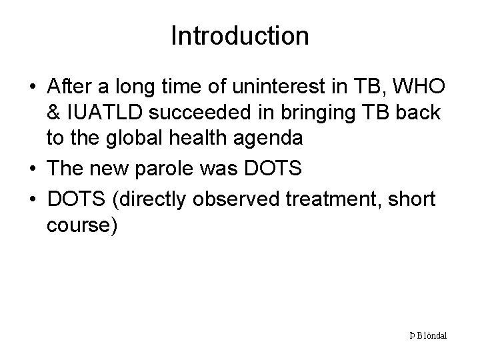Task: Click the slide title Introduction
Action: point(240,36)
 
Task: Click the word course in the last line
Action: point(79,226)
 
